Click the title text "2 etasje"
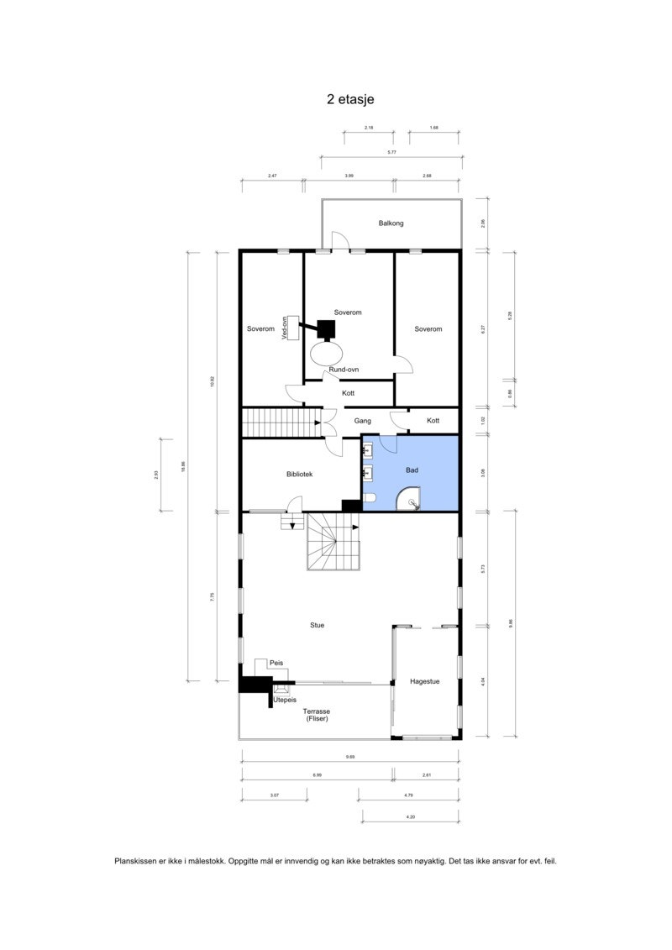pyautogui.click(x=350, y=99)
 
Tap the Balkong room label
pyautogui.click(x=391, y=223)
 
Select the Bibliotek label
pyautogui.click(x=300, y=475)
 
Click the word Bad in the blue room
pyautogui.click(x=412, y=470)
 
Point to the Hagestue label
pyautogui.click(x=425, y=681)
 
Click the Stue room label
pyautogui.click(x=318, y=625)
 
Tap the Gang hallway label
pyautogui.click(x=363, y=420)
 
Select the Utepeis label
pyautogui.click(x=285, y=699)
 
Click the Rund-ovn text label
pyautogui.click(x=344, y=370)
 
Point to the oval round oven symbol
pyautogui.click(x=327, y=352)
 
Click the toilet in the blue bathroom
pyautogui.click(x=370, y=501)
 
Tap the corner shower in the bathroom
pyautogui.click(x=412, y=502)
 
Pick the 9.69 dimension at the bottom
pyautogui.click(x=349, y=758)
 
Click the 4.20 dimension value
pyautogui.click(x=410, y=816)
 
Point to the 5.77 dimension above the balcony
pyautogui.click(x=391, y=152)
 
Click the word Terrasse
pyautogui.click(x=317, y=711)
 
